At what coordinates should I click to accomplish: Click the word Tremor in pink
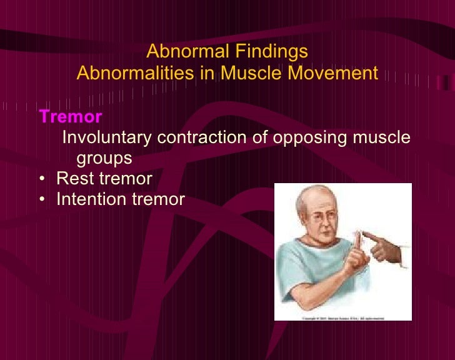click(70, 117)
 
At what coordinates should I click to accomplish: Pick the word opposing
click(308, 137)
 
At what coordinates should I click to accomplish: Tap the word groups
click(104, 158)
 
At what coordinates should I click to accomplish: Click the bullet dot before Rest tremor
click(41, 179)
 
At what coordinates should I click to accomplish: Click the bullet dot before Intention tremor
click(41, 200)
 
